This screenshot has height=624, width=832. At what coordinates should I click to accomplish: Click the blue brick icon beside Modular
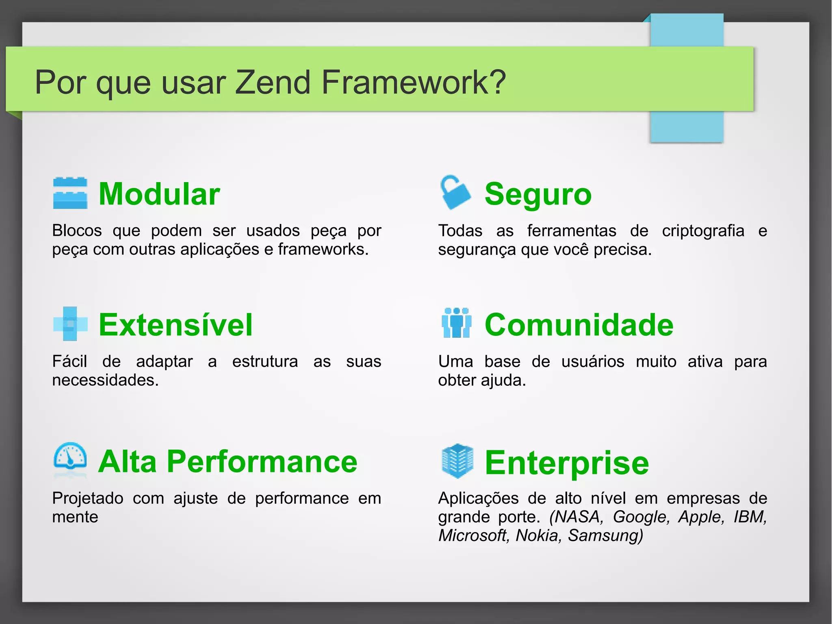70,193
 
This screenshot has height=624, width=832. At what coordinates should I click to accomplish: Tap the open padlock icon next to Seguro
455,193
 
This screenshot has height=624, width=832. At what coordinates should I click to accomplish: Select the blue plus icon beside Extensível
70,324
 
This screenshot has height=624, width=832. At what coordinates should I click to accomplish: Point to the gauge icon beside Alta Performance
70,459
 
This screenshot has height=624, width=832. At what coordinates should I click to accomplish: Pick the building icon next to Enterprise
457,461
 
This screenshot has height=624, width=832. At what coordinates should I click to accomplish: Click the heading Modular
159,194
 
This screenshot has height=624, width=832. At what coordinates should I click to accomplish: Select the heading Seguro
538,194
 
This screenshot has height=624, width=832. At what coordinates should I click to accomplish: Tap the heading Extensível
175,325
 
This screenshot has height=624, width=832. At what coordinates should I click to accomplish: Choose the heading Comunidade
579,325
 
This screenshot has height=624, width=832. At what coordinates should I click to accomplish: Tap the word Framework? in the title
413,82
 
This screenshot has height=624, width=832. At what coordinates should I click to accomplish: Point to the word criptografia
703,230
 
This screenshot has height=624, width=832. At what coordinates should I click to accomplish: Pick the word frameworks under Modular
323,249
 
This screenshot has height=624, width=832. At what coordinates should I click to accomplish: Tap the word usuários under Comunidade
592,361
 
